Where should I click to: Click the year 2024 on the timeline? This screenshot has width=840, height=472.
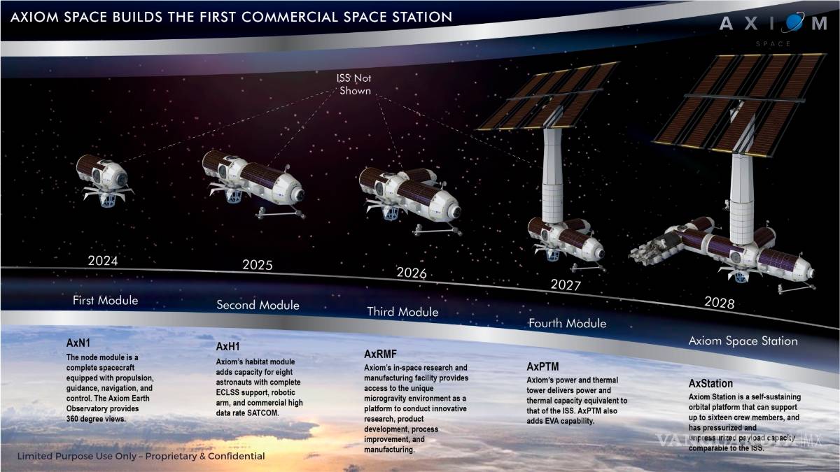point(102,262)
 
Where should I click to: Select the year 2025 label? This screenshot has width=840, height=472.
point(258,265)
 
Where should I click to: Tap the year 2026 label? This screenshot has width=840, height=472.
point(412,273)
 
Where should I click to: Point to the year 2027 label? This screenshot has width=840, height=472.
point(566,285)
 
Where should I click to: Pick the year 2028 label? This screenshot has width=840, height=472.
point(720,303)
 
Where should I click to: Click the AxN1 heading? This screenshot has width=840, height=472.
point(78,343)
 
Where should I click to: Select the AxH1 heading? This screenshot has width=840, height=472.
point(228,346)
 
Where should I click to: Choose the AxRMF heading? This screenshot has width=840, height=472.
point(380,354)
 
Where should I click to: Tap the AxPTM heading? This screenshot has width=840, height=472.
point(542,366)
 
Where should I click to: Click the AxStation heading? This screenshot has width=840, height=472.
point(710,384)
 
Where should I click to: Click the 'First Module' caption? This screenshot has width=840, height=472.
point(106,301)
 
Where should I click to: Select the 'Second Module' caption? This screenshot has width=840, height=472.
point(258,305)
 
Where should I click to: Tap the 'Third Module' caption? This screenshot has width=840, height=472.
point(402,312)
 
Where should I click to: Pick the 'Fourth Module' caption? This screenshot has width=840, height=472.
point(567,324)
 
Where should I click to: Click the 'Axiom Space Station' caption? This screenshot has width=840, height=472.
point(743,341)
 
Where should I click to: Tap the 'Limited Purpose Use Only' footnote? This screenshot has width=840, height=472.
point(141,456)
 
